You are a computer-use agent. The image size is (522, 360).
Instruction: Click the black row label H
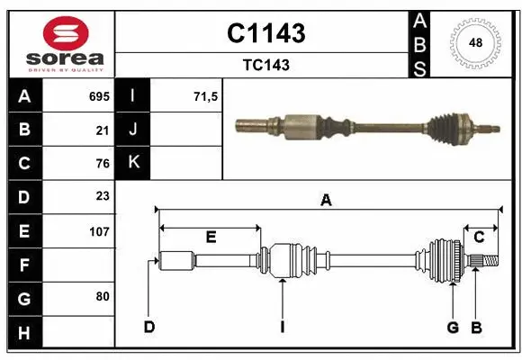pyautogui.click(x=24, y=334)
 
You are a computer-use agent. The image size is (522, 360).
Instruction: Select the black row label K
pyautogui.click(x=133, y=163)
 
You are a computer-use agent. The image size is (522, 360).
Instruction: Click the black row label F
pyautogui.click(x=24, y=265)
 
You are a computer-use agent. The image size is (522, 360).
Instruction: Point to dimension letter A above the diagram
pyautogui.click(x=326, y=202)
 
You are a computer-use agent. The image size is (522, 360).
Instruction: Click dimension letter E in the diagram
pyautogui.click(x=211, y=237)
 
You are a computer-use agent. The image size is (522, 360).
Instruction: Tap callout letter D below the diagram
pyautogui.click(x=149, y=327)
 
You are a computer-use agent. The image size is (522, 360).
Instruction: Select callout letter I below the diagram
pyautogui.click(x=282, y=327)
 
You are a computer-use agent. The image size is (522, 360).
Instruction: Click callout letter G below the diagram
pyautogui.click(x=453, y=327)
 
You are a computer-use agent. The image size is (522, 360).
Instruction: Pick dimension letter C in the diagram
pyautogui.click(x=479, y=237)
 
